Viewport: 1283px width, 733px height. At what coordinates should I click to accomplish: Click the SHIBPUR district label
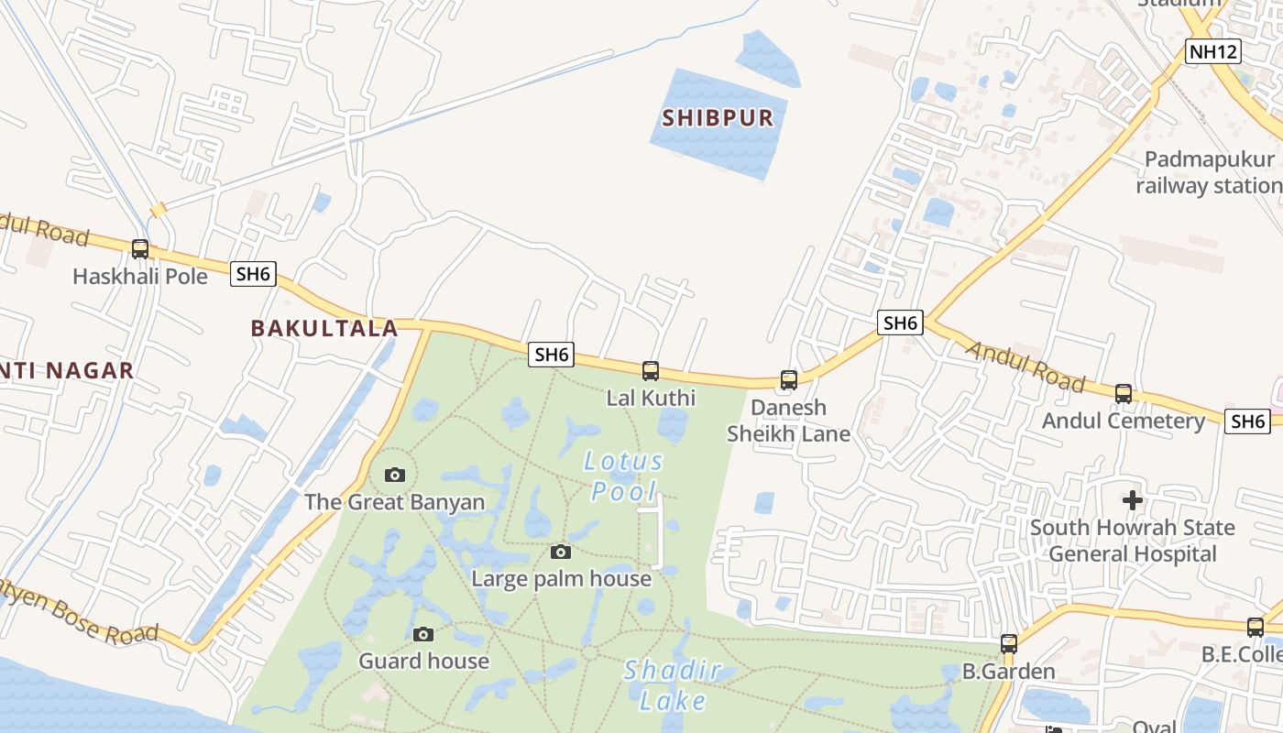[718, 117]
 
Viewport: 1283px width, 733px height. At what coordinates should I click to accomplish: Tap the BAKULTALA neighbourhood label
[324, 328]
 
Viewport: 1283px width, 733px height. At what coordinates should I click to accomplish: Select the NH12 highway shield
[1213, 51]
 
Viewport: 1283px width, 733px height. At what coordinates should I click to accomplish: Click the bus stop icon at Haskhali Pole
[140, 248]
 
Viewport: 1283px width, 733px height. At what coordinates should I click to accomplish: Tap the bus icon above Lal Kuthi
[651, 370]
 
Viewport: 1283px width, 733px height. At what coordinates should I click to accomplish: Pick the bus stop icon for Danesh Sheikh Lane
[789, 379]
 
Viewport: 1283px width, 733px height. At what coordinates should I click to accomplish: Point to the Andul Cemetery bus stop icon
[1124, 393]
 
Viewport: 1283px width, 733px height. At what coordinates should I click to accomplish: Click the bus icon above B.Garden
[1009, 643]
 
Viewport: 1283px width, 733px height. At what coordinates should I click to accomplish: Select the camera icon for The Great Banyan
[395, 475]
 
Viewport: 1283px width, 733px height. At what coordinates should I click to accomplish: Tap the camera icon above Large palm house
[561, 552]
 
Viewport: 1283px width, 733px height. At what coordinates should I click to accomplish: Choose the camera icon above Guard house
[423, 634]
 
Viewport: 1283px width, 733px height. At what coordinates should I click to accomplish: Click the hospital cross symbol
[1133, 500]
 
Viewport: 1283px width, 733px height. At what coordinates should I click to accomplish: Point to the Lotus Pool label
[623, 476]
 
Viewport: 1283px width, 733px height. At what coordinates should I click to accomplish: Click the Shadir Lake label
[673, 685]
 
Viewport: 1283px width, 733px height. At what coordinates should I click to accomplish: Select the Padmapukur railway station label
[1208, 172]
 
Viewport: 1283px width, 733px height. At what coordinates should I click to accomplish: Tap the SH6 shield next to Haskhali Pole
[253, 273]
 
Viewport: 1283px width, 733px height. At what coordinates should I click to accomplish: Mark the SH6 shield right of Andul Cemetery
[1248, 421]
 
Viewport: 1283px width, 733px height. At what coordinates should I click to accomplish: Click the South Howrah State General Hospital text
[1133, 541]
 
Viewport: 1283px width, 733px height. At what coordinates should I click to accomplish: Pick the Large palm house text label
[561, 579]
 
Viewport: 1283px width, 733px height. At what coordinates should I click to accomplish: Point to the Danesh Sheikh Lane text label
[789, 421]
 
